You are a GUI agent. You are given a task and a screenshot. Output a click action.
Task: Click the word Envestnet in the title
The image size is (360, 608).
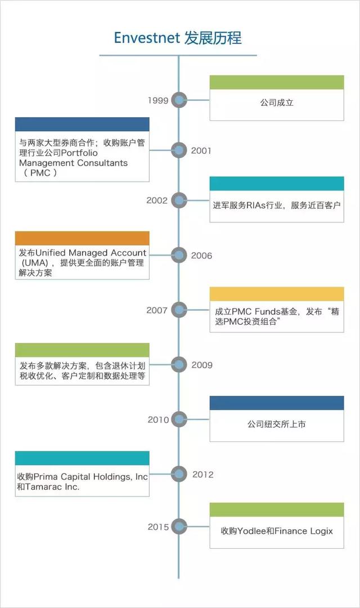(x=147, y=38)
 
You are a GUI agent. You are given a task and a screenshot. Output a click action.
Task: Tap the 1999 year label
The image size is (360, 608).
(x=158, y=100)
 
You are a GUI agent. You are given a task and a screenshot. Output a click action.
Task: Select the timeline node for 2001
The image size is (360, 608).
(x=179, y=150)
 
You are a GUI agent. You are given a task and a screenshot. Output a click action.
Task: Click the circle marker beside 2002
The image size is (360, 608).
(x=179, y=200)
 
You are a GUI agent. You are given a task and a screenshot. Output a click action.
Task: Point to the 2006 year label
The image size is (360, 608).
(x=201, y=256)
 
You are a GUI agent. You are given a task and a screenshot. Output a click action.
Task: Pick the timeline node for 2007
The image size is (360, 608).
(x=179, y=310)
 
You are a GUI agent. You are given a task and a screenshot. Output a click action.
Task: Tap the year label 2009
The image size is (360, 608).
(x=202, y=365)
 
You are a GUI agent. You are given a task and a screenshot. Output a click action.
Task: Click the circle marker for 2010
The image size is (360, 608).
(x=179, y=419)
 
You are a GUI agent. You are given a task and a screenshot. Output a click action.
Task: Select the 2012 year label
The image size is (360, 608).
(x=203, y=474)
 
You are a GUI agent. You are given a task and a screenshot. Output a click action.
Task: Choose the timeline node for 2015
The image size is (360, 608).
(x=179, y=526)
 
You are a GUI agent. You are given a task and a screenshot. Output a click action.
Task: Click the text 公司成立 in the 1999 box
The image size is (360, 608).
(x=277, y=103)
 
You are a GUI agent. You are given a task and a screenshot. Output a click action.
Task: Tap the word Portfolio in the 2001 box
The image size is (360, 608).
(x=79, y=153)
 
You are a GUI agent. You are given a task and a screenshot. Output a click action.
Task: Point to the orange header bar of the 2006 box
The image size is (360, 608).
(x=82, y=238)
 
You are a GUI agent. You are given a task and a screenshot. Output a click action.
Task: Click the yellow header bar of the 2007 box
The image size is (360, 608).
(x=277, y=294)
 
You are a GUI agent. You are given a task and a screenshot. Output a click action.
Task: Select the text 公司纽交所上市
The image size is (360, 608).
(x=277, y=424)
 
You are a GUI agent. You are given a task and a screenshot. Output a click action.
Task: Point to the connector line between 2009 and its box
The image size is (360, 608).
(x=160, y=364)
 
